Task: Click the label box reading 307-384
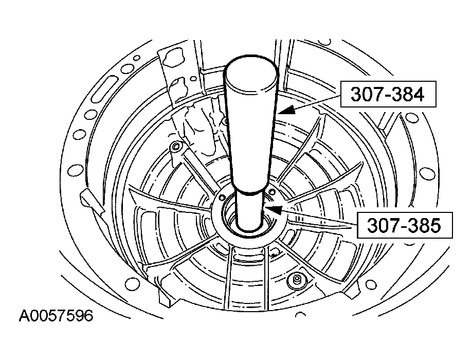[388, 94]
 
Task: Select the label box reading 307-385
[405, 225]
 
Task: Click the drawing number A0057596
[56, 316]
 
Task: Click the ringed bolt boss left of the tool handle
[175, 147]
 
